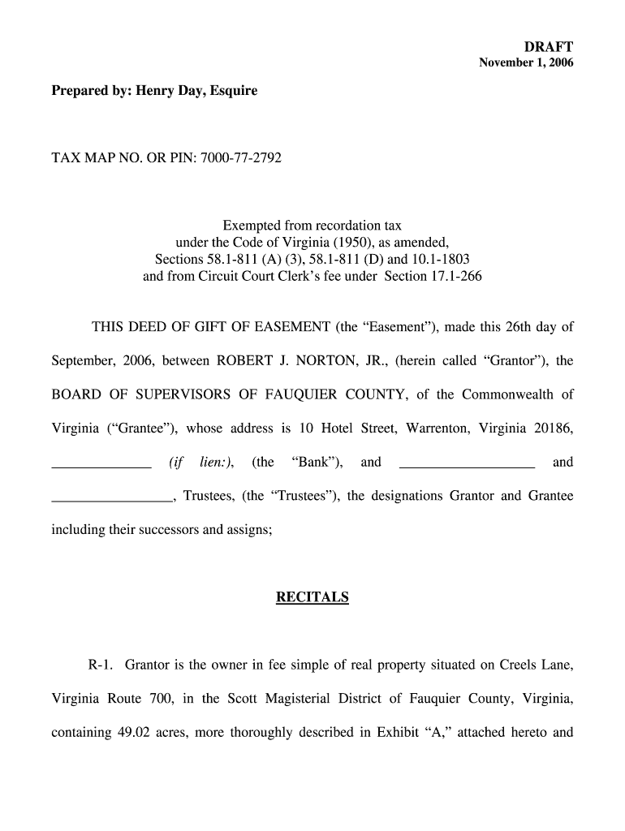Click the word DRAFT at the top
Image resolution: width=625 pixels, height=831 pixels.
tap(551, 47)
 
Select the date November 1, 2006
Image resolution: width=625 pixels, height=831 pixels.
tap(527, 62)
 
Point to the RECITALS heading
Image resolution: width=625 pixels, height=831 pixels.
tap(312, 598)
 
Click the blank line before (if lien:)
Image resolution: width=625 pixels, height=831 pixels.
tap(101, 467)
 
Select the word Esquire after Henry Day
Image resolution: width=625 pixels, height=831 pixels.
tap(233, 91)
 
